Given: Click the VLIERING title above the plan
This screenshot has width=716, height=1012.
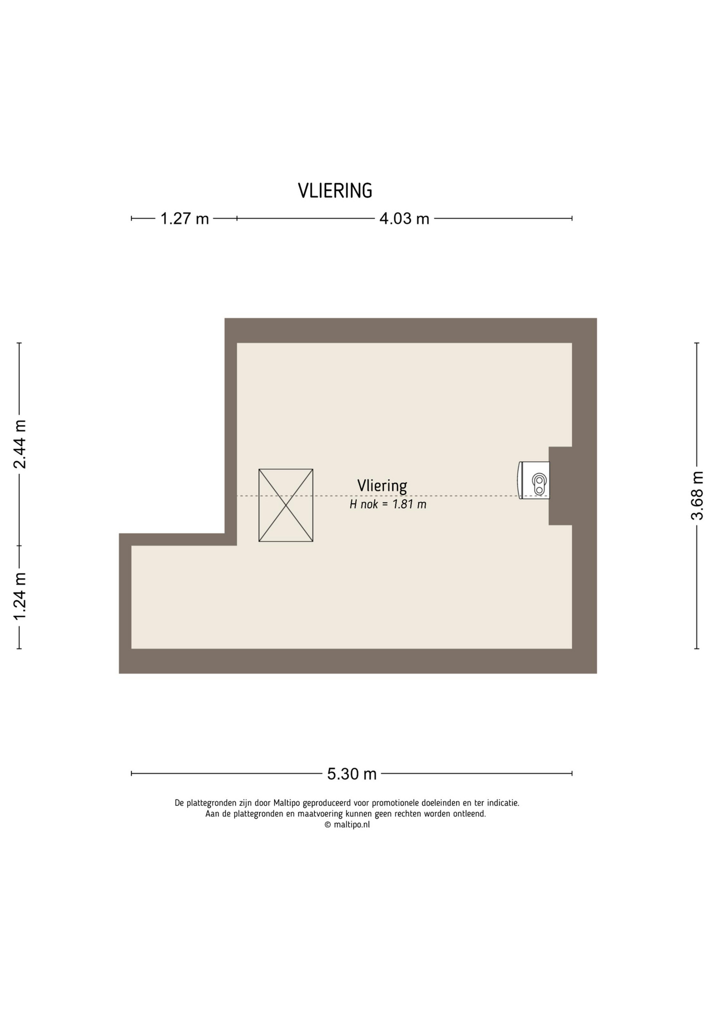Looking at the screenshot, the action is pos(335,191).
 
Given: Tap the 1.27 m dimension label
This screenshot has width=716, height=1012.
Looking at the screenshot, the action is pos(185,218).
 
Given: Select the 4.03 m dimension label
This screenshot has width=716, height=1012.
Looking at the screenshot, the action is pos(404,218).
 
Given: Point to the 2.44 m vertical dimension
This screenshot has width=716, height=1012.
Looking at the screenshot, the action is pos(20,444).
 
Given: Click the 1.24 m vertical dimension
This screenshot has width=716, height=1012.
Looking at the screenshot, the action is pos(20,596).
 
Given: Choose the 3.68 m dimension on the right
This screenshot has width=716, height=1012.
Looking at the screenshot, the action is pos(697,495).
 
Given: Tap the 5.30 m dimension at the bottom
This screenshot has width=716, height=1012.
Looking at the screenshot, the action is pos(352,774).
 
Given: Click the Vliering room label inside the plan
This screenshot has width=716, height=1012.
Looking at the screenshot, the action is pos(382,485).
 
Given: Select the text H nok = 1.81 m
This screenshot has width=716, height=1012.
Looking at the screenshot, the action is pos(388,504).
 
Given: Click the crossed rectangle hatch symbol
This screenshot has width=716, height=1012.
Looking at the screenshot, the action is pos(286,505).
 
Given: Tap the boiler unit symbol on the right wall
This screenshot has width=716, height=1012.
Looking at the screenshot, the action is pos(535,480).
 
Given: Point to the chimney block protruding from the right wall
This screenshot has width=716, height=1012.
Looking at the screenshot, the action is pos(560,486).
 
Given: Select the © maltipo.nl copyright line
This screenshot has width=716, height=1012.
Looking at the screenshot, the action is pos(347,825).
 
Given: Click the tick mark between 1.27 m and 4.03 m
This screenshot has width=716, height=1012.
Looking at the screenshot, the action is pos(237,218).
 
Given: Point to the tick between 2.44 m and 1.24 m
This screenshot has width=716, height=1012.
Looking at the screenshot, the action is pos(20,546).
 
